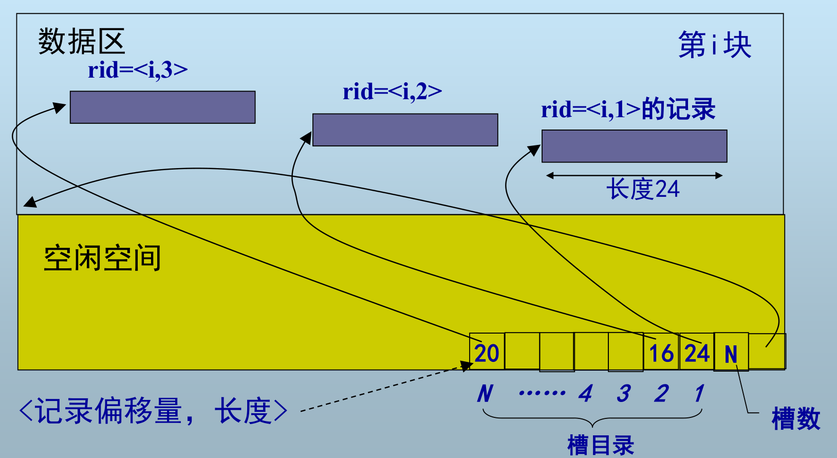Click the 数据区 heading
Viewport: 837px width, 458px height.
82,42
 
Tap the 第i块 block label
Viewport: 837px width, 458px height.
714,45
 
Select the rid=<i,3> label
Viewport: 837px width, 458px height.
138,70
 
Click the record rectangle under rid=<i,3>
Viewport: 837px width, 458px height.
162,107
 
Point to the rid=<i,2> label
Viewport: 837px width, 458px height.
392,92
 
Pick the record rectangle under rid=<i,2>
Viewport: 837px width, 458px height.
405,130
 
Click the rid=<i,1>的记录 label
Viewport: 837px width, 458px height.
628,109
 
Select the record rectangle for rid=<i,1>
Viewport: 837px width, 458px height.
634,146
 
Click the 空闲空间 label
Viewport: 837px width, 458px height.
102,258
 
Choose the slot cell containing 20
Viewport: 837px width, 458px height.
487,353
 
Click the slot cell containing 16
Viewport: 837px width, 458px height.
661,353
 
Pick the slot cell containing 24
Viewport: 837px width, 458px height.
697,353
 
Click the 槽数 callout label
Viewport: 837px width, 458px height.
795,419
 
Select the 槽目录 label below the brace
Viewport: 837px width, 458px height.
600,445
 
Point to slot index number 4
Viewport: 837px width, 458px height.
585,394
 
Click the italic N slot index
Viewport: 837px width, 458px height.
485,394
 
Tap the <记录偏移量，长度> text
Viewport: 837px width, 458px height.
153,411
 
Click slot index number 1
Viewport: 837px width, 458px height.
699,394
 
